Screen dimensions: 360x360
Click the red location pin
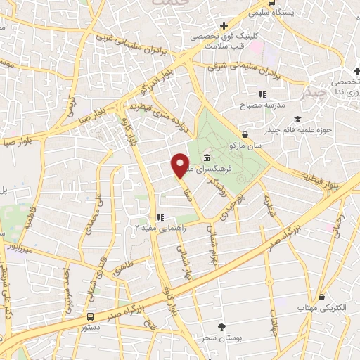coord(181,165)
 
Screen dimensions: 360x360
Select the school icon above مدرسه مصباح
coord(262,94)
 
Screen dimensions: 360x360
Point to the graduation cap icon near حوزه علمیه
coord(297,119)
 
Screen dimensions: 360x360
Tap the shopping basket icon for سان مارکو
coord(245,134)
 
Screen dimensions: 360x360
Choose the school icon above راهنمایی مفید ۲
coord(160,217)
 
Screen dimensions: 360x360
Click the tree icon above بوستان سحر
coord(222,326)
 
